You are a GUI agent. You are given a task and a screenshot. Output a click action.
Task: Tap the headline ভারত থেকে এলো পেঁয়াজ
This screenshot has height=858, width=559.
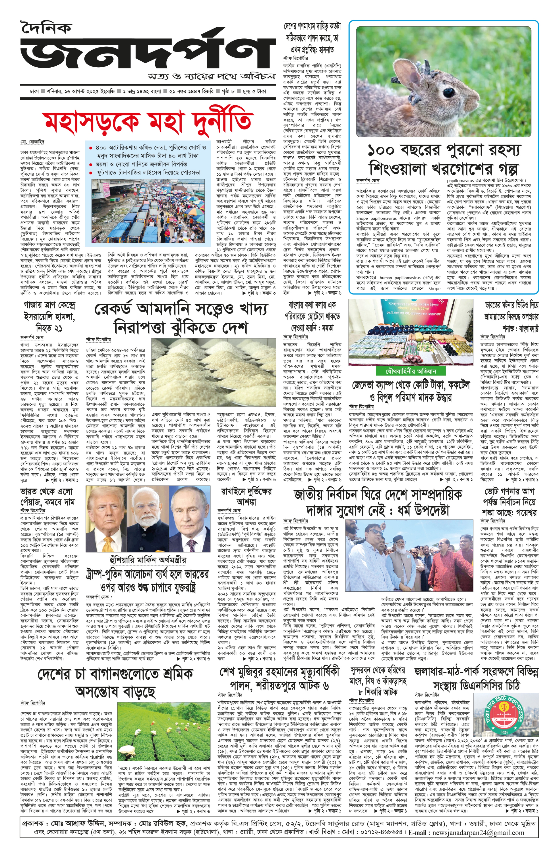pos(47,496)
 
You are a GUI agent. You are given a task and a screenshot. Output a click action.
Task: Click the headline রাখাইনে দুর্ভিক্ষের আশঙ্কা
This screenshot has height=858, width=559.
pos(246,496)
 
